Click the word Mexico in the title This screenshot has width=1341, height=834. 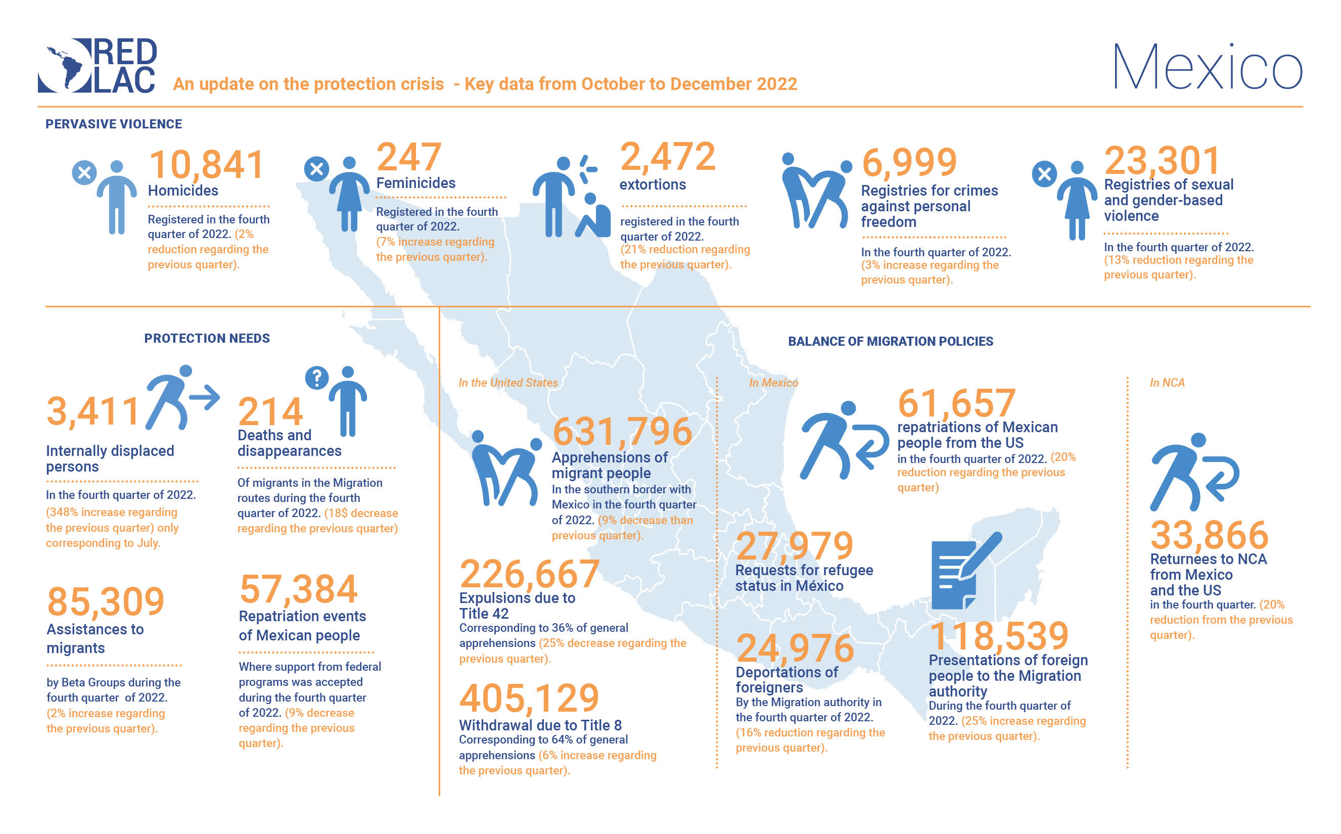[x=1207, y=67]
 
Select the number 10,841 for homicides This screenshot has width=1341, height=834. [x=206, y=164]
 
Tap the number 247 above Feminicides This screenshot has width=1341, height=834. [x=409, y=157]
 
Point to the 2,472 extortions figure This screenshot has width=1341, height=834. [x=667, y=156]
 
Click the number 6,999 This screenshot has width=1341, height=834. [x=909, y=162]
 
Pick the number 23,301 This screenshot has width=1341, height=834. [x=1162, y=161]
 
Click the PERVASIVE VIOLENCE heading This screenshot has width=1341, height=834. [x=114, y=124]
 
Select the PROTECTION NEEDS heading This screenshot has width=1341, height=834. [x=207, y=338]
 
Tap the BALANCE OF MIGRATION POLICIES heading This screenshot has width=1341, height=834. [x=890, y=341]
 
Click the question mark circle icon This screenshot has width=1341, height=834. [x=316, y=378]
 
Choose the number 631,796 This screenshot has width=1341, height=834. [x=622, y=431]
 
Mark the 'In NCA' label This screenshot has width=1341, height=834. [x=1167, y=383]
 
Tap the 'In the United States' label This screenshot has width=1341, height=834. [x=508, y=383]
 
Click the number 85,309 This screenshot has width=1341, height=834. [x=106, y=601]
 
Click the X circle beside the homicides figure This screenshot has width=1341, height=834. [x=84, y=173]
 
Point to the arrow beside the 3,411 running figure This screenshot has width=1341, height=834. [x=205, y=397]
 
